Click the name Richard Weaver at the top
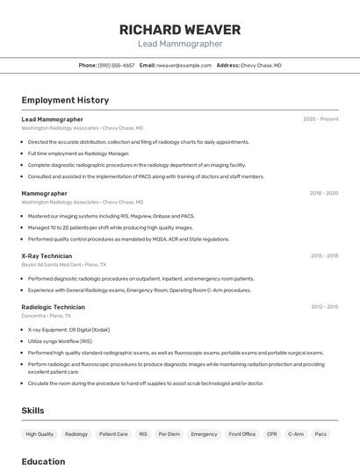(x=180, y=29)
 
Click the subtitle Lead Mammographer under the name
(x=180, y=44)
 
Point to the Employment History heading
(x=65, y=100)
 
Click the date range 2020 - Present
(x=320, y=118)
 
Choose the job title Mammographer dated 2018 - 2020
(x=44, y=193)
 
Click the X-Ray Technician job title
(x=47, y=256)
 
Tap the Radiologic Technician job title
(x=53, y=307)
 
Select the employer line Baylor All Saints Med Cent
(x=63, y=264)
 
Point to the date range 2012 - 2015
(x=324, y=307)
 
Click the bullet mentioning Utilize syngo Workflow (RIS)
(x=60, y=341)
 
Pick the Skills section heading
(x=32, y=410)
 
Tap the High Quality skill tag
(x=40, y=433)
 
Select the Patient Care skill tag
(x=113, y=433)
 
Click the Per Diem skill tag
(x=169, y=433)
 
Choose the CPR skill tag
(x=272, y=433)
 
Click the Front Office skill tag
(x=242, y=433)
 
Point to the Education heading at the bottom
(x=43, y=461)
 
